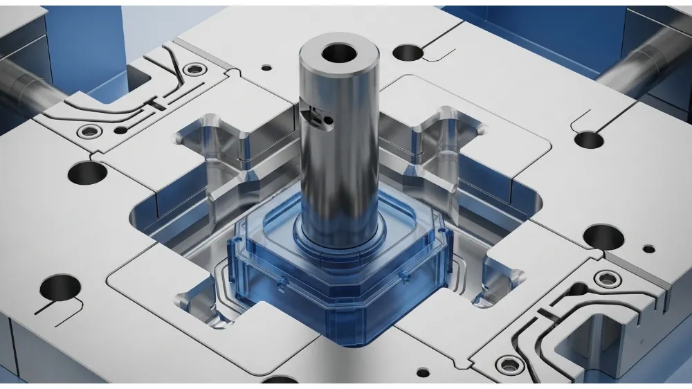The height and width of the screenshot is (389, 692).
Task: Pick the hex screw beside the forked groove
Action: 196,69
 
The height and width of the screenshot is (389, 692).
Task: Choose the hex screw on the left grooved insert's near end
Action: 88,132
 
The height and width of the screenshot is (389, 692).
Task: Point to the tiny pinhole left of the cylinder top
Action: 266,69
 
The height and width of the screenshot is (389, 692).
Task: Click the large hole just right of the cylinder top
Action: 410,51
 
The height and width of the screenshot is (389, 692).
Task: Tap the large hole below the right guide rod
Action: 589,139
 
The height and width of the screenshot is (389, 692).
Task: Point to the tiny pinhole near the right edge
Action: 648,248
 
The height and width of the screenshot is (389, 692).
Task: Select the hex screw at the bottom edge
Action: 509,362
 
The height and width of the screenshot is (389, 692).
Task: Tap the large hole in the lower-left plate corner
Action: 60,286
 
